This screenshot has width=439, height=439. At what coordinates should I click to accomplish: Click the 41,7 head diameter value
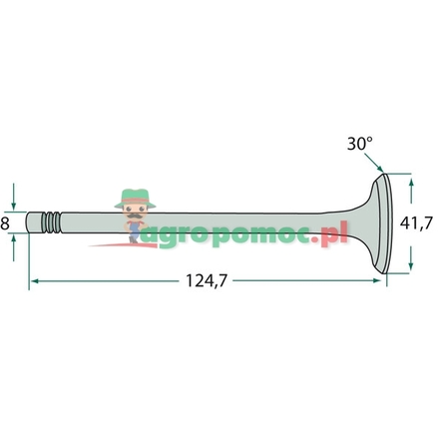click(416, 223)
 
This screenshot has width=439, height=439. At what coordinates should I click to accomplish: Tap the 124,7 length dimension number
click(207, 281)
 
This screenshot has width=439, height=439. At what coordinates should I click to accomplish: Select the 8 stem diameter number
click(5, 223)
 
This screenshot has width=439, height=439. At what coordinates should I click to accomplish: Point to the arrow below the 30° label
click(373, 163)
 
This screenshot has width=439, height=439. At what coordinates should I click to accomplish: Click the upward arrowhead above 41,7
click(411, 183)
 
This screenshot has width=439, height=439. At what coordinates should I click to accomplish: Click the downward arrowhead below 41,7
click(411, 264)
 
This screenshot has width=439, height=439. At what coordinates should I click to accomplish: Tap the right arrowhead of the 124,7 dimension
click(377, 280)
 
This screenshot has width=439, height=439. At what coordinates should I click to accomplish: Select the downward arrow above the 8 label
click(14, 197)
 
